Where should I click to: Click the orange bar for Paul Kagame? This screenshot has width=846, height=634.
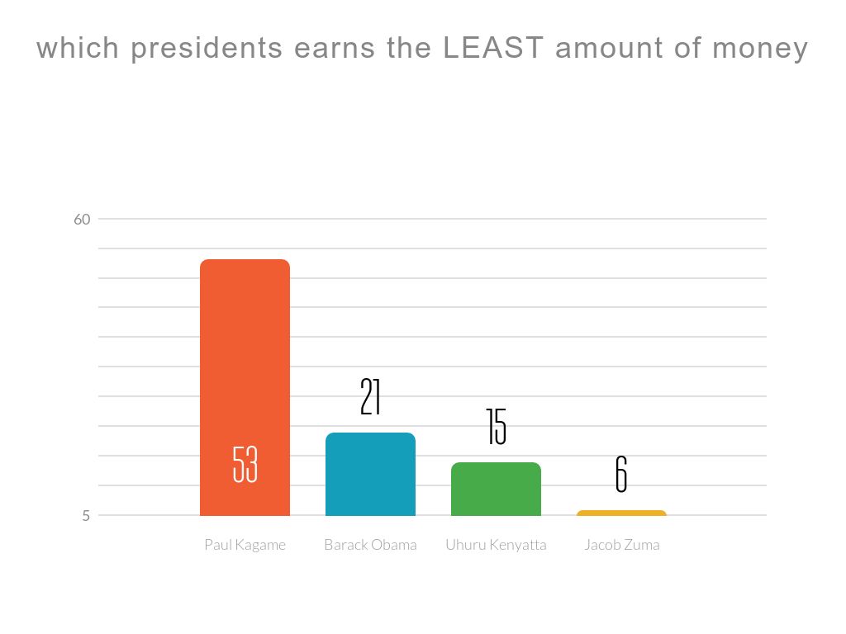[x=245, y=363]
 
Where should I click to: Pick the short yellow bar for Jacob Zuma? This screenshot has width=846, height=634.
[x=621, y=513]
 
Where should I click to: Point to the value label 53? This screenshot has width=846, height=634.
[x=245, y=464]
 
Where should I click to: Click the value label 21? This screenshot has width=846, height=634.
[x=370, y=397]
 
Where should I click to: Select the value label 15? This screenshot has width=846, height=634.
[x=496, y=427]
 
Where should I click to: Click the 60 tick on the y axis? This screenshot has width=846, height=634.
[x=82, y=220]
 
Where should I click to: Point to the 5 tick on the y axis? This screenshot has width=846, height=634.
[x=85, y=516]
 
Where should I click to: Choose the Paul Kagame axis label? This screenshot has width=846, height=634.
[x=245, y=545]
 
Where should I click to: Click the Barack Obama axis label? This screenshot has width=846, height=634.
[x=370, y=545]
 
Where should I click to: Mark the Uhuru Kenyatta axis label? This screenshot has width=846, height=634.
[x=496, y=545]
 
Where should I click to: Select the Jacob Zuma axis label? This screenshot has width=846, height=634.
[x=621, y=545]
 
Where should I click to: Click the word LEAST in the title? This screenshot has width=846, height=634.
[x=493, y=49]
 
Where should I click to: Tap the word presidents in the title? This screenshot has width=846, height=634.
[x=206, y=49]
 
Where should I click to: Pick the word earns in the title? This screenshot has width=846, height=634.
[x=335, y=49]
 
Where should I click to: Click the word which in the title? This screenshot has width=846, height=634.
[x=78, y=49]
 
